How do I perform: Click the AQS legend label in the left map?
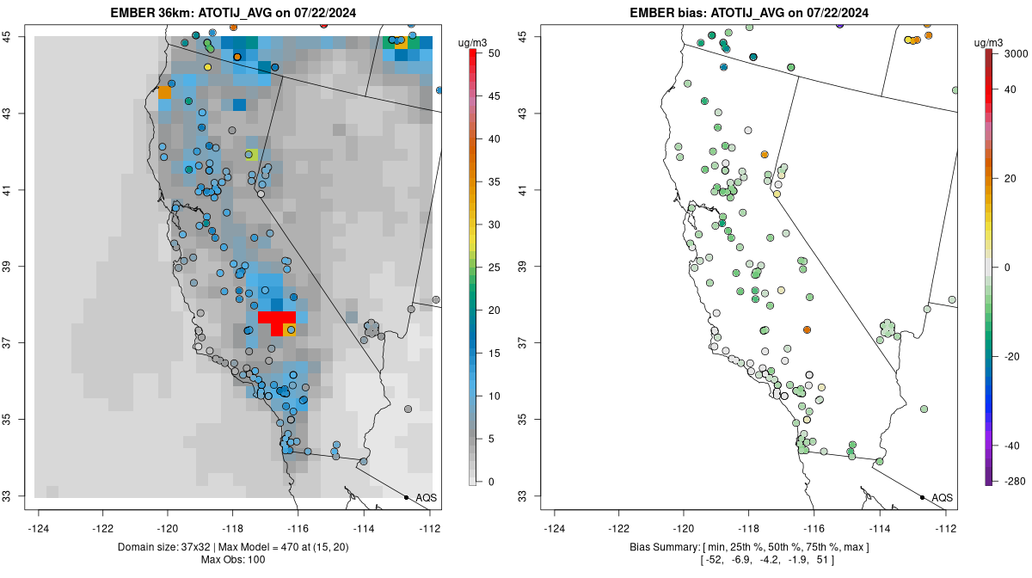click(x=426, y=498)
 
